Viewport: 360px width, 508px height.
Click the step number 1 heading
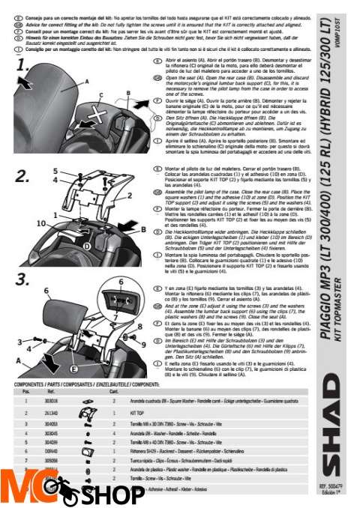(25, 70)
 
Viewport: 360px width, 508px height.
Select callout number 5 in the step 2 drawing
(54, 172)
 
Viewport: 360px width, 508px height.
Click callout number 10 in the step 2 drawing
(37, 223)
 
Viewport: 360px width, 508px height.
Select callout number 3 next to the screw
(18, 361)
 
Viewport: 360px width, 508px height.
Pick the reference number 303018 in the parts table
(51, 402)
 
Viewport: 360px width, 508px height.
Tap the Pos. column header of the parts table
(25, 391)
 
